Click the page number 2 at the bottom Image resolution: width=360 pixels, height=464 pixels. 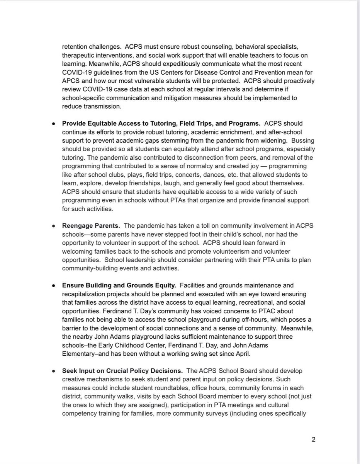click(314, 439)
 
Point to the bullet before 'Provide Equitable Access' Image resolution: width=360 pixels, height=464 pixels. click(53, 124)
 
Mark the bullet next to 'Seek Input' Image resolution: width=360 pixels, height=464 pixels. click(53, 371)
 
